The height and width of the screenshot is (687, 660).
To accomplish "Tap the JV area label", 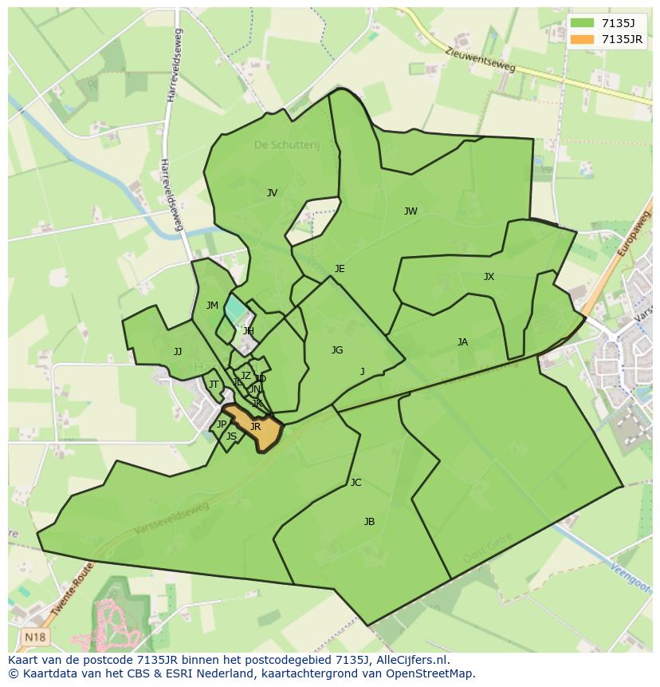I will pos(272,193).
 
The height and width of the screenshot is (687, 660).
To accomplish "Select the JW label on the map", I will pos(411,211).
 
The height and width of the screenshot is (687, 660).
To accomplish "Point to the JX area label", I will pos(489,277).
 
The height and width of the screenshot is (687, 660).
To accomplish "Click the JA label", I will pos(462,342).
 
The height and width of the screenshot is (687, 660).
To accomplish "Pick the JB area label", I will pos(369,522).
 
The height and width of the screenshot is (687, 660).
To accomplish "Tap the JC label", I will pos(356,483).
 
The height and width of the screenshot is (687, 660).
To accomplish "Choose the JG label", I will pos(337,350).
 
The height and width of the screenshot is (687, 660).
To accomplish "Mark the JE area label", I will pos(340,269).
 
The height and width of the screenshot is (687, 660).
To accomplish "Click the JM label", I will pos(212,306).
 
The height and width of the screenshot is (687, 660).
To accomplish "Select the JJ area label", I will pos(178,352).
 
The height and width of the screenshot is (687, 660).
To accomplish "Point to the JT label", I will pos(213,385).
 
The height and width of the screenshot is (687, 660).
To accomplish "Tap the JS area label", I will pos(231,436).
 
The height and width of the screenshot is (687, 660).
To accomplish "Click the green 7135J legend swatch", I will pos(582,23).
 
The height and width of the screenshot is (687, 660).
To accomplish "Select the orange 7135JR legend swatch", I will pos(582,39).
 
